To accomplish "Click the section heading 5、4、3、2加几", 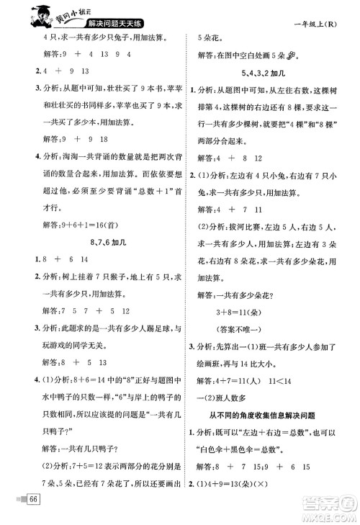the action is tap(270, 73).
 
